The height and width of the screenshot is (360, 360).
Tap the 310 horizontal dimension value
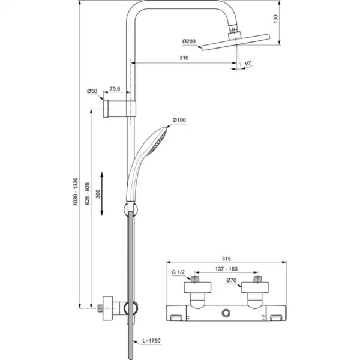point(184,58)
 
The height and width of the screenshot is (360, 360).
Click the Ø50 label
point(92,91)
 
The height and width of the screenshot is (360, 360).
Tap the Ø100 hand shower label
point(179,120)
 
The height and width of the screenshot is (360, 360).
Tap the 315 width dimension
point(226,254)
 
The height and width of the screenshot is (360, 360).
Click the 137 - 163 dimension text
point(226,271)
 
